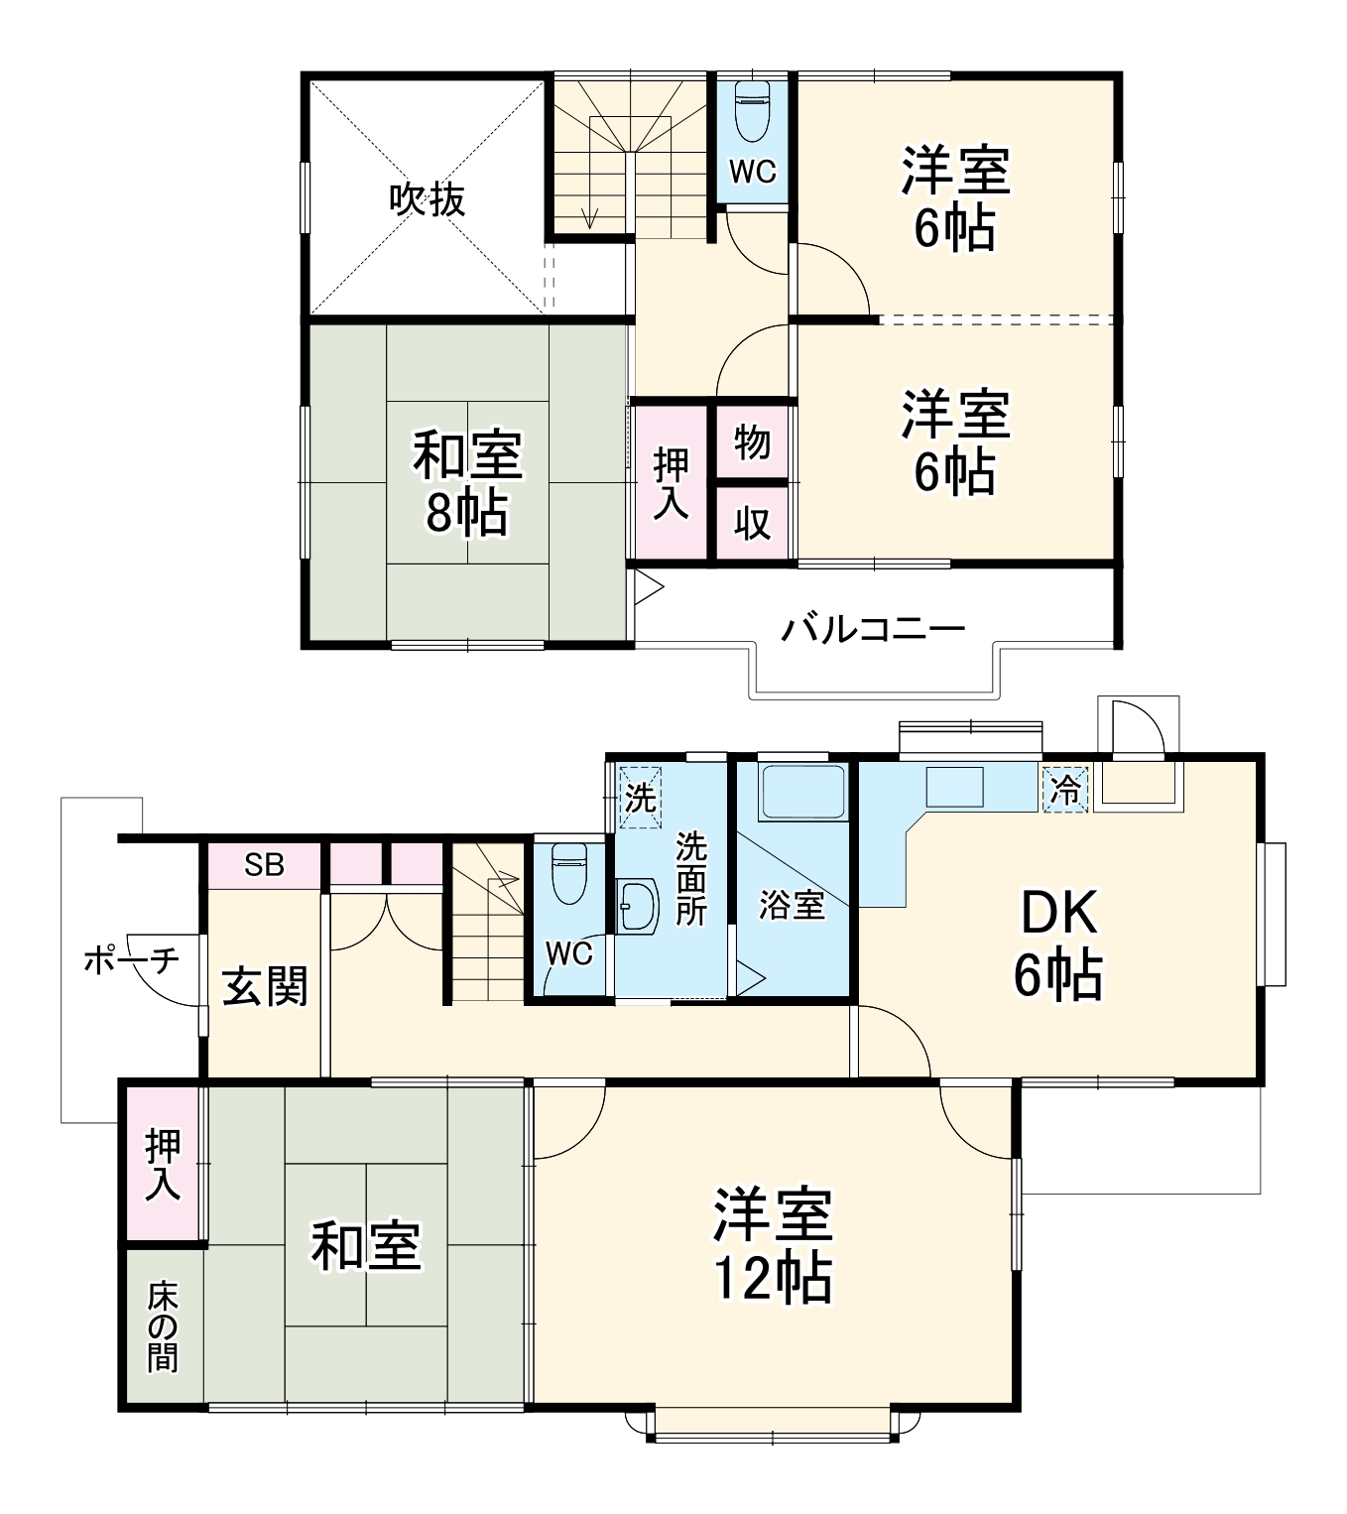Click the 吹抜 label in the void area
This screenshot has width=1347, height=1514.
[427, 200]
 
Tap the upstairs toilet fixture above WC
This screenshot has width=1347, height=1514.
[753, 111]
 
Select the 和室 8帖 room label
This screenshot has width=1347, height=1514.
[466, 484]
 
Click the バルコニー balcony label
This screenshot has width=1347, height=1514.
[872, 629]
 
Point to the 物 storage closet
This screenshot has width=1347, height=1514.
[753, 442]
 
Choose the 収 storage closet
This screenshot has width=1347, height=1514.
[753, 523]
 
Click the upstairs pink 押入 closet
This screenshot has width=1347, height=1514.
[672, 483]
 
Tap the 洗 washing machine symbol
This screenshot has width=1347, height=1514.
[640, 796]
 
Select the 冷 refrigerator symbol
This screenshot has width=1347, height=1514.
[1065, 790]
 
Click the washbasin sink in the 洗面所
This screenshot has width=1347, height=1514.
[637, 906]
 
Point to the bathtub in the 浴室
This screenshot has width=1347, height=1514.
[801, 793]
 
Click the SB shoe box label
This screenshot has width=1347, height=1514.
[264, 865]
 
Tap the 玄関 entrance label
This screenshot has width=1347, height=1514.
[264, 986]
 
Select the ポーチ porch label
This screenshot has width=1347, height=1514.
[131, 959]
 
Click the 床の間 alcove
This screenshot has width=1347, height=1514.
[163, 1326]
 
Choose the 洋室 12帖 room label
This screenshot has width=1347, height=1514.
[772, 1243]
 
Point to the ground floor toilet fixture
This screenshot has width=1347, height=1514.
[568, 873]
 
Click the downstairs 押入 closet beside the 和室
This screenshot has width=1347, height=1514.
[164, 1164]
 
